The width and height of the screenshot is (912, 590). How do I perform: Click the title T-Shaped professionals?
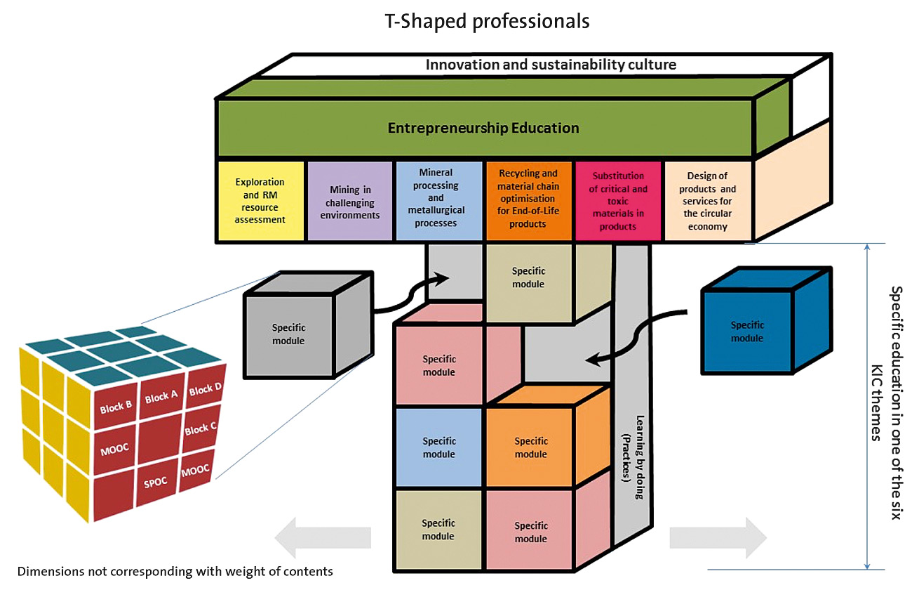(487, 21)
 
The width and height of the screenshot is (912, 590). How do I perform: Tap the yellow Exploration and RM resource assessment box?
(261, 201)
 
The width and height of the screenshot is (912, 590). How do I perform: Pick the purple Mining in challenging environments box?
(350, 201)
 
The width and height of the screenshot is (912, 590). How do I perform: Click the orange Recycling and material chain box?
(528, 201)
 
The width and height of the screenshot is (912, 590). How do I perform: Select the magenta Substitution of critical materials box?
(618, 201)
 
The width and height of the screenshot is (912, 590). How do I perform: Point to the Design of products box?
(708, 201)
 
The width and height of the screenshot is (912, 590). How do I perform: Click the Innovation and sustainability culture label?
(551, 65)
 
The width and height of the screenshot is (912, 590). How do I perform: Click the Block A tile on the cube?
(161, 397)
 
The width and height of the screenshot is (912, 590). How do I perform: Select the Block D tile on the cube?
(206, 388)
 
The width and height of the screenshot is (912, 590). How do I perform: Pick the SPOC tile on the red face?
(156, 483)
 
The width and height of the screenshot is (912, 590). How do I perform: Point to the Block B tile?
(116, 407)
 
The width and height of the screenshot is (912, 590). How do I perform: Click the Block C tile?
(201, 429)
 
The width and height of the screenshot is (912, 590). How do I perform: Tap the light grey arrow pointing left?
(323, 537)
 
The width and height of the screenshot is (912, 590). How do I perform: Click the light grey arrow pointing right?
(718, 537)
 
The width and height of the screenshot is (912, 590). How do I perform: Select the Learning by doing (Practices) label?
(632, 457)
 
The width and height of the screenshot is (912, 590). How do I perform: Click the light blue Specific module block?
(439, 447)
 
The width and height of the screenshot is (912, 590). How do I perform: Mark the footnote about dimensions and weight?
(175, 571)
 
